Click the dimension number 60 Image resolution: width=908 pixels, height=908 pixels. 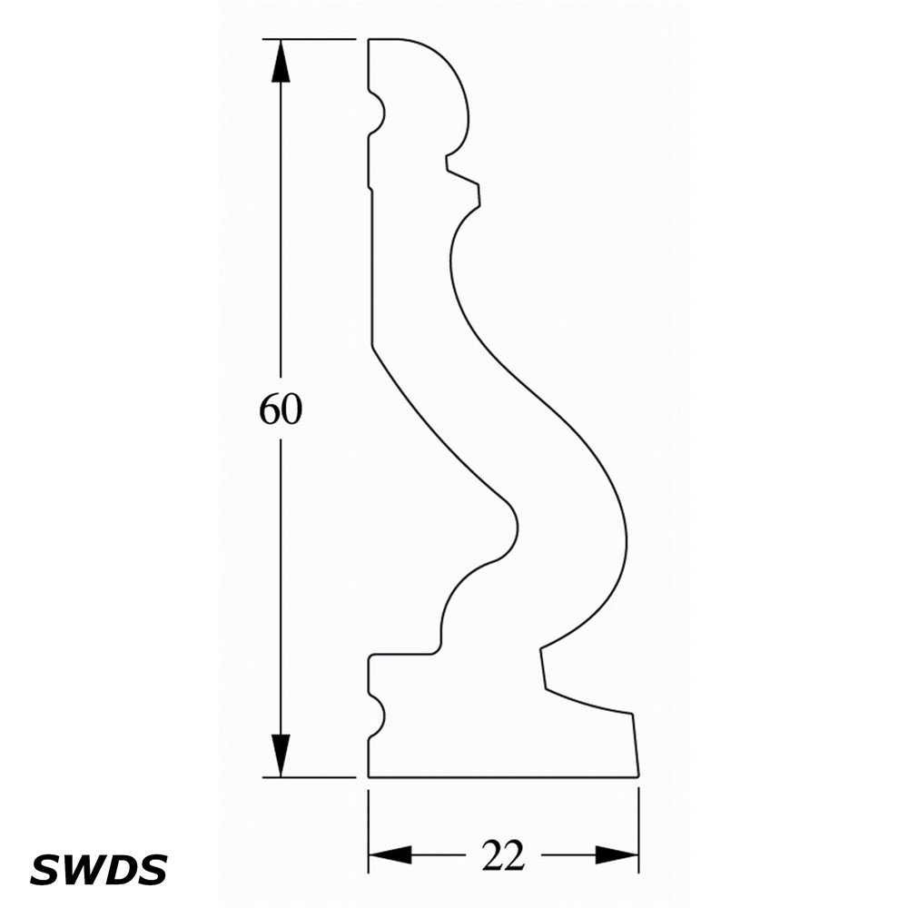point(281,409)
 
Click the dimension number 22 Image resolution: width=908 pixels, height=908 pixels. point(503,854)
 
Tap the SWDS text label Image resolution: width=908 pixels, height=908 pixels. point(98,869)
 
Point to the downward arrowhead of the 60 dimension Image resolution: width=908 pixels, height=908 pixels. point(281,755)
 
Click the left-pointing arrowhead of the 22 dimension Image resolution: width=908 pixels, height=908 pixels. point(390,854)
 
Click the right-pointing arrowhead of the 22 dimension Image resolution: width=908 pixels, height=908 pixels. point(617,854)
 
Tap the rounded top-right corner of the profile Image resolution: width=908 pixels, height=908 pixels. point(450,66)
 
